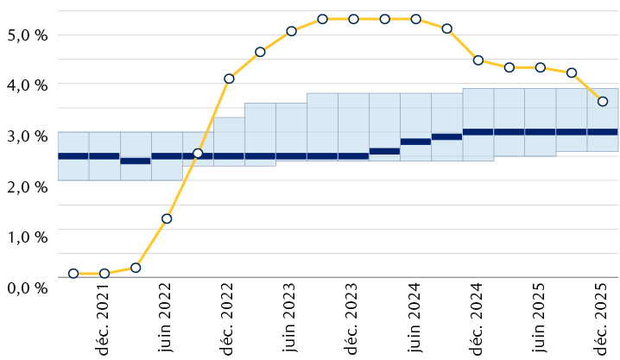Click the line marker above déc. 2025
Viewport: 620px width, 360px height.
click(x=603, y=101)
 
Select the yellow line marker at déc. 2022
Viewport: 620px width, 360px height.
click(x=229, y=79)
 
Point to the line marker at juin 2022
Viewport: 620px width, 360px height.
click(x=167, y=218)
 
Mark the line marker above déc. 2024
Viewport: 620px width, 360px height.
click(x=478, y=60)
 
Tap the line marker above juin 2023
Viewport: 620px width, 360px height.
click(x=291, y=31)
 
